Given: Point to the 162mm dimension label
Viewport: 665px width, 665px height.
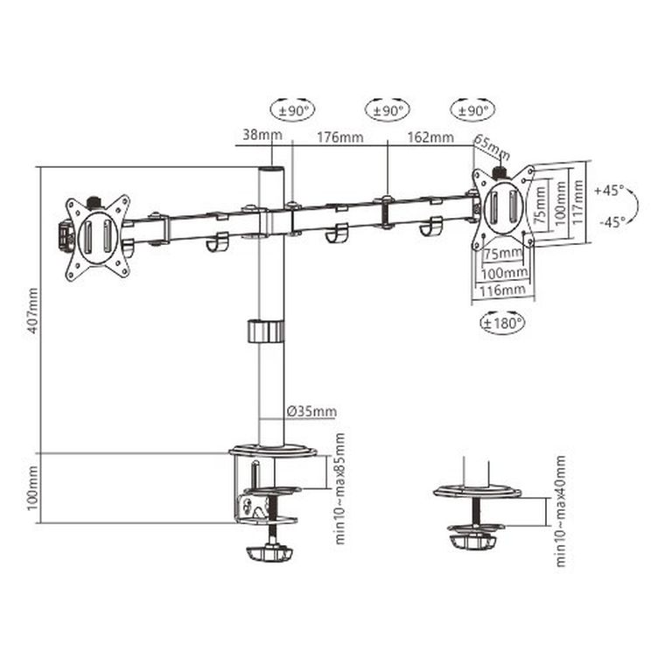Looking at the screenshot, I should pyautogui.click(x=430, y=136).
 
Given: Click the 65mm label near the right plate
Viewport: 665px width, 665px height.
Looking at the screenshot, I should pyautogui.click(x=492, y=143).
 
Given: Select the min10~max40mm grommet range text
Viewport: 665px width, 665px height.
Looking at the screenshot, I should pyautogui.click(x=560, y=511).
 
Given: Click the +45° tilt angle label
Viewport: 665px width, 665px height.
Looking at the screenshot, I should pyautogui.click(x=607, y=189).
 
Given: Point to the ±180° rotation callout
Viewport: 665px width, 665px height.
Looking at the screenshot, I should pyautogui.click(x=502, y=323).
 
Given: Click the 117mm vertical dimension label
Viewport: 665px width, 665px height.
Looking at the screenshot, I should pyautogui.click(x=577, y=203).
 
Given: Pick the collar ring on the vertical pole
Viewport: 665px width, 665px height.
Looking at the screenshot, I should pyautogui.click(x=266, y=332).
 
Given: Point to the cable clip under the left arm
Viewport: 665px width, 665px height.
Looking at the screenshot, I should pyautogui.click(x=217, y=241).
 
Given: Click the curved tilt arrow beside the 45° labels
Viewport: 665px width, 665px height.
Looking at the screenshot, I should pyautogui.click(x=634, y=206).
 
